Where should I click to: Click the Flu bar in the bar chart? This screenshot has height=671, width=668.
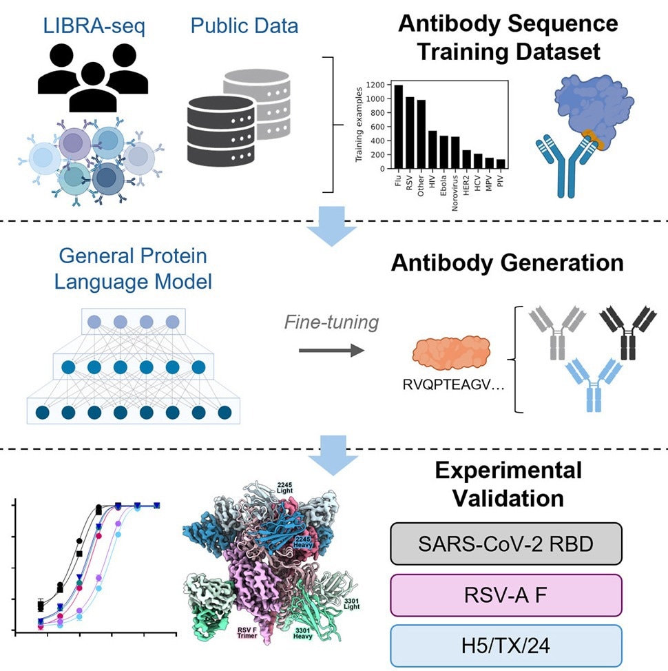(399, 127)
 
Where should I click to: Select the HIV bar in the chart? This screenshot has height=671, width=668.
(433, 149)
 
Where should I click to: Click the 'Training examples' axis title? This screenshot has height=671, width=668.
(359, 127)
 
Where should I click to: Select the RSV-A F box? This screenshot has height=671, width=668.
(505, 593)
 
